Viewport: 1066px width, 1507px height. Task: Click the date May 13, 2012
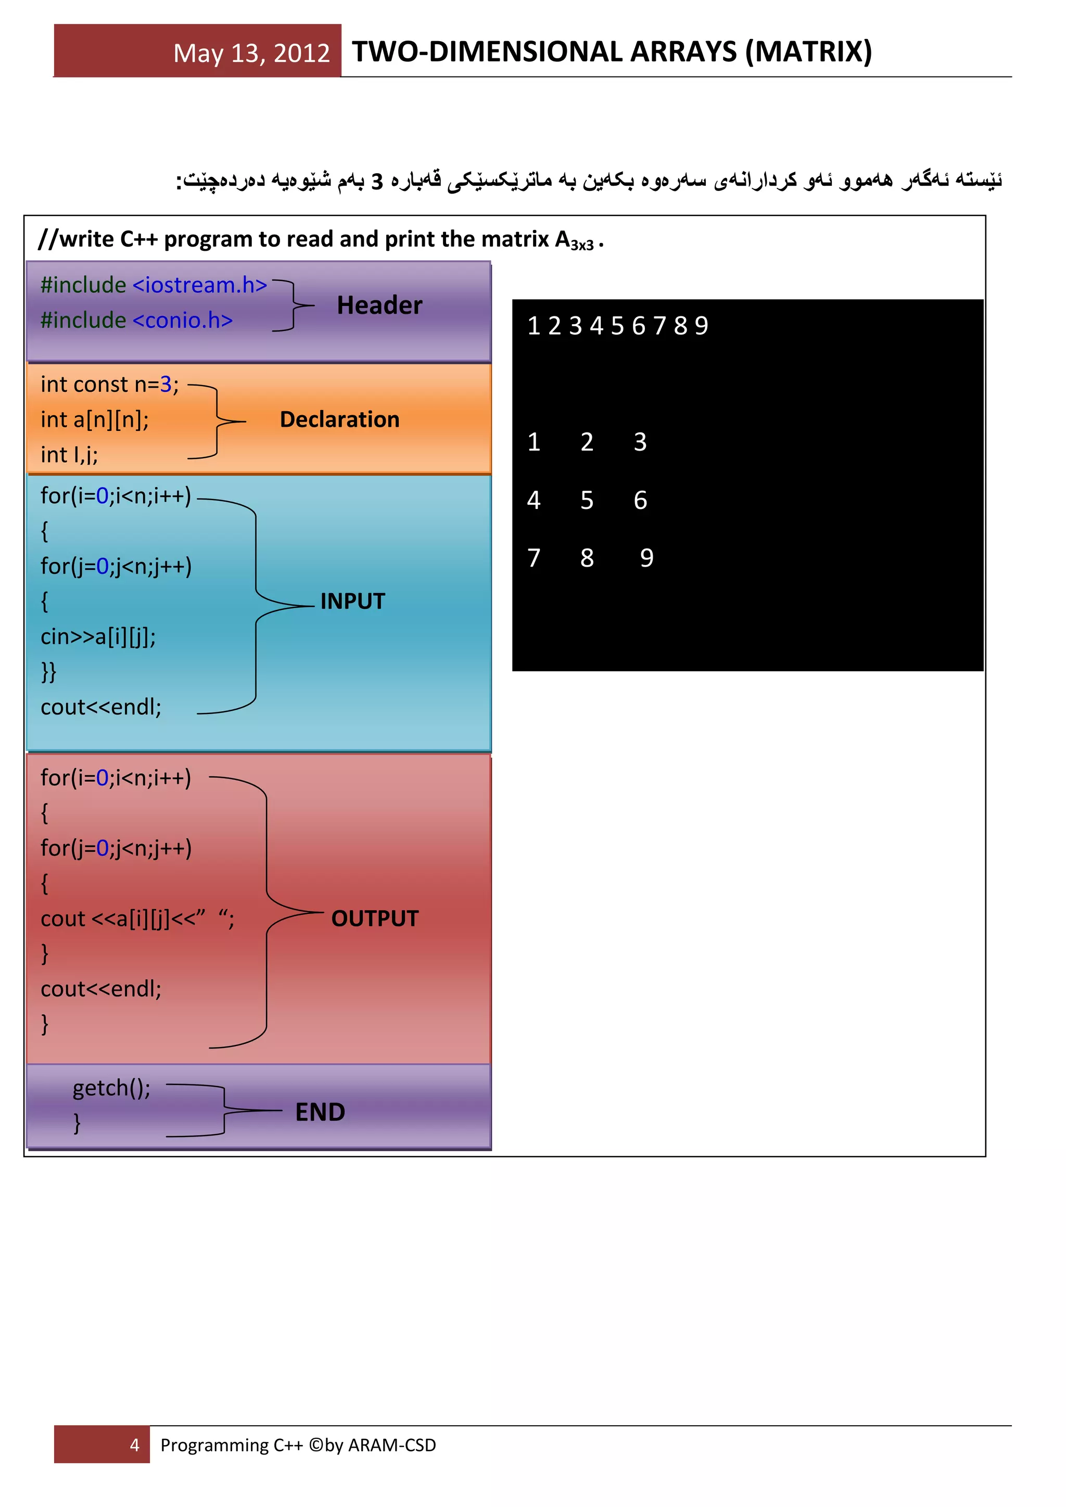click(251, 53)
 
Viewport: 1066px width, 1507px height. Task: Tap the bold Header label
click(379, 305)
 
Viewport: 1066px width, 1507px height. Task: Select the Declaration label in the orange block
click(339, 419)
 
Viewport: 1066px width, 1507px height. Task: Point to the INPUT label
click(352, 601)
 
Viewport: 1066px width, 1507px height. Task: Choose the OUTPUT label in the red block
click(375, 918)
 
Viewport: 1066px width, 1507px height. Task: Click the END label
click(320, 1112)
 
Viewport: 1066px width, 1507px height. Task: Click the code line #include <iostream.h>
click(154, 285)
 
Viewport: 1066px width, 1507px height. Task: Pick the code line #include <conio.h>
click(136, 321)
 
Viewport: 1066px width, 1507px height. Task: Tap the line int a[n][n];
click(95, 419)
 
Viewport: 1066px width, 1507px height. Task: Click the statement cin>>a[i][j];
click(98, 636)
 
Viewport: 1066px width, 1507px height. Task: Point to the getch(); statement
click(111, 1088)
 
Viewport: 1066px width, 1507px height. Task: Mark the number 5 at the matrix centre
click(587, 500)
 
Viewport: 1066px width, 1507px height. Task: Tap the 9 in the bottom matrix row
click(646, 558)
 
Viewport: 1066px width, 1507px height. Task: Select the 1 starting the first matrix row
click(534, 442)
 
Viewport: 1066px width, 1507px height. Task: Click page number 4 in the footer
click(135, 1445)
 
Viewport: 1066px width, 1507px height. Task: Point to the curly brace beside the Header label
click(294, 305)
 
